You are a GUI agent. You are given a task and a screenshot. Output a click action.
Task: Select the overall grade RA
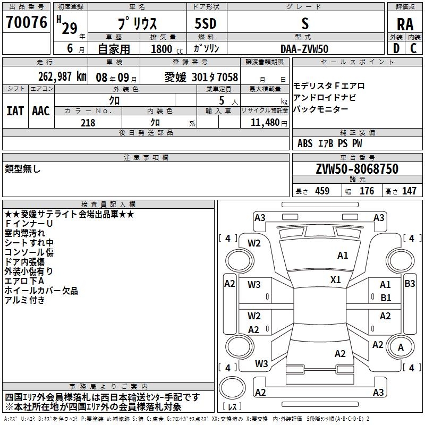tap(405, 24)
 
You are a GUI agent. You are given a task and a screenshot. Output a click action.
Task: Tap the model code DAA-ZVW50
tap(304, 49)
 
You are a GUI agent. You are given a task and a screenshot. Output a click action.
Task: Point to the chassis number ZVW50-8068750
tap(356, 169)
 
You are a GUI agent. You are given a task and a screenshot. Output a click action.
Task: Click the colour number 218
tap(88, 123)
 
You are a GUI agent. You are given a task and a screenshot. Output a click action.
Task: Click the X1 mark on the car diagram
tap(336, 279)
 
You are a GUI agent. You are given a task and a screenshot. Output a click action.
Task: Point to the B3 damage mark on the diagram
tap(410, 284)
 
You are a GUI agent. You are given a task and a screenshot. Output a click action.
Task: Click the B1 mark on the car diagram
tap(386, 298)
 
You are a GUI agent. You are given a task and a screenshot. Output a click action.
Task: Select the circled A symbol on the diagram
tap(401, 347)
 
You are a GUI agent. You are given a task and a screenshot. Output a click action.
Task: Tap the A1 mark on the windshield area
tap(343, 256)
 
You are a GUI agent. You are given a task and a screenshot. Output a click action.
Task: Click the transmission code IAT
tap(15, 110)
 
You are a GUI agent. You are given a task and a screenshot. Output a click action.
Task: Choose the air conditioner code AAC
tap(40, 110)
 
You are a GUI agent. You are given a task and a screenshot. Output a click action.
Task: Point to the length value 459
tap(322, 191)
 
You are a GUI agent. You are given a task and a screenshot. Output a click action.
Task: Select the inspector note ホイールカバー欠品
tap(41, 291)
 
